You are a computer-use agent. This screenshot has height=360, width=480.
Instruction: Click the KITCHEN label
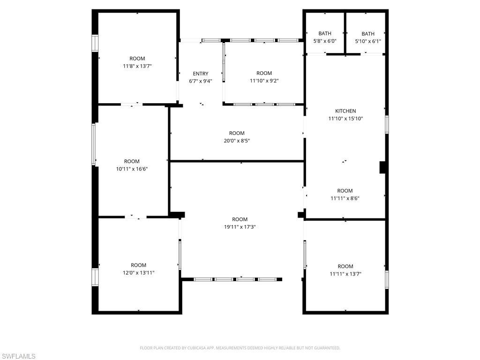(345, 111)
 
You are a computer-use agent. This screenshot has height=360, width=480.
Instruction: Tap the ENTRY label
(201, 74)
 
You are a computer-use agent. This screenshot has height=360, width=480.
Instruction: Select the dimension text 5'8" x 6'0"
(325, 41)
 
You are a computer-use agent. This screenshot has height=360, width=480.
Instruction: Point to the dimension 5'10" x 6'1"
(368, 41)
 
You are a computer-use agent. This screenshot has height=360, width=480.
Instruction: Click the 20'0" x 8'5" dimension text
(237, 141)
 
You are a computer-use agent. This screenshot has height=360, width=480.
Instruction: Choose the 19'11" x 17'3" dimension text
(240, 227)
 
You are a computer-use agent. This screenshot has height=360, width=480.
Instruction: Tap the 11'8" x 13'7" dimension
(137, 66)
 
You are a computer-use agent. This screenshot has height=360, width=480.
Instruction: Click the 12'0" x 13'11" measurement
(138, 272)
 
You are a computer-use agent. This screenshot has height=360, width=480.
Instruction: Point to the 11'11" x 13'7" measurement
(345, 274)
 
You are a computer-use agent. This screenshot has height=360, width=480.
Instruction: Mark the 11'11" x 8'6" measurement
(345, 198)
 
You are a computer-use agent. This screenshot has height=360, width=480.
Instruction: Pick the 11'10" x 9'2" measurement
(264, 81)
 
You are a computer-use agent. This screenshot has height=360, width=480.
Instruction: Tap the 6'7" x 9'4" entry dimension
(201, 81)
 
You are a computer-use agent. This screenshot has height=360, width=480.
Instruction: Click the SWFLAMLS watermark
(18, 356)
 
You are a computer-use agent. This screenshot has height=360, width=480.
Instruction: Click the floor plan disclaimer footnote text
(240, 348)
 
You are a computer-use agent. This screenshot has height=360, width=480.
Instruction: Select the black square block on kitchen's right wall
(382, 167)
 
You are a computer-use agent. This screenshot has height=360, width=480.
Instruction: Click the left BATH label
(325, 34)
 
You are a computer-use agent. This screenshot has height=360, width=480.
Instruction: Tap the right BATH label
(368, 34)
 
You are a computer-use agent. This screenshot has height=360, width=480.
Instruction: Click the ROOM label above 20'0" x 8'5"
(237, 133)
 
